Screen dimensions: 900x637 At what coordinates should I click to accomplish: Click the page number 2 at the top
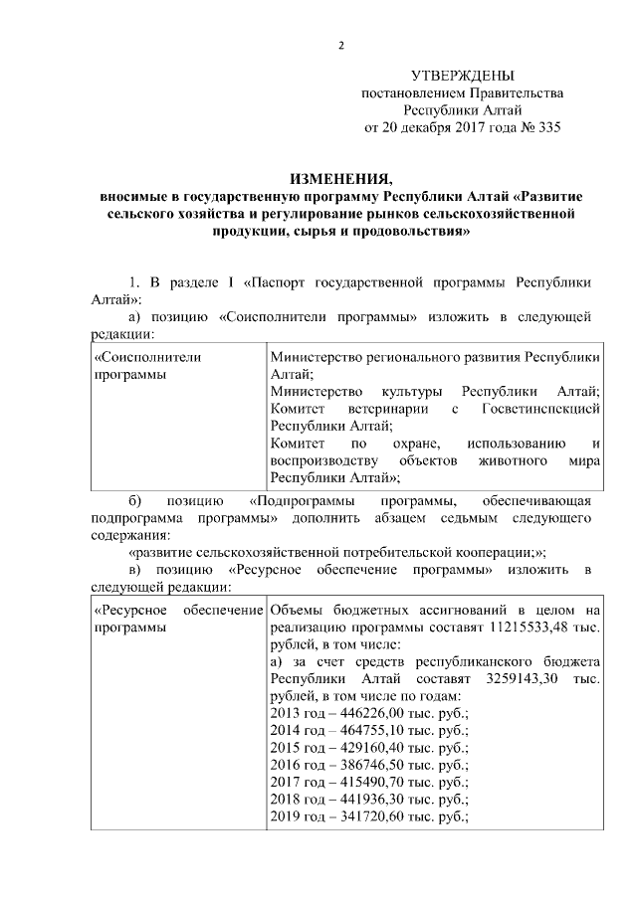pos(340,46)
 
